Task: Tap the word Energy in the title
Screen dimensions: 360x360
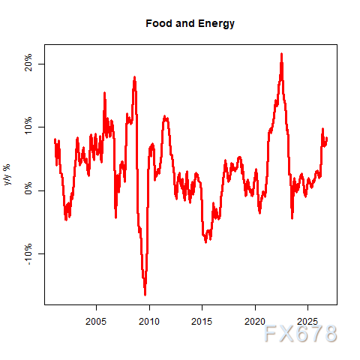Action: [216, 24]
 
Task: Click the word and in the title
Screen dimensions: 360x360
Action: [185, 23]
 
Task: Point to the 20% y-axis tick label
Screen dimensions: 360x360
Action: [28, 62]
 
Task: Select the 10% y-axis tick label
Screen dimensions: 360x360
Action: [28, 125]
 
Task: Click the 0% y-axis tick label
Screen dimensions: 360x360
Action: [28, 188]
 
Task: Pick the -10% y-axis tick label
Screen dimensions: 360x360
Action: [28, 254]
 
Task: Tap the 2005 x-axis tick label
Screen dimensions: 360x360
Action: [96, 322]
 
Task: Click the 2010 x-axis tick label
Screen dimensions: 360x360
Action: [149, 322]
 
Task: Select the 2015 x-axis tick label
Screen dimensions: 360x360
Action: [202, 322]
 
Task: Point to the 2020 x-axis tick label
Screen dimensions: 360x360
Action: [255, 322]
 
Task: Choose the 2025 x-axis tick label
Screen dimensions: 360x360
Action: [307, 322]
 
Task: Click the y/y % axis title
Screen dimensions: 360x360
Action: [7, 175]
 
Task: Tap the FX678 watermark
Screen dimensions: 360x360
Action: [301, 334]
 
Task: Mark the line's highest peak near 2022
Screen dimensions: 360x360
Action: [281, 54]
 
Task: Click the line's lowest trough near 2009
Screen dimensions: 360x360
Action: [145, 295]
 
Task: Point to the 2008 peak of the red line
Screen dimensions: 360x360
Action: [134, 77]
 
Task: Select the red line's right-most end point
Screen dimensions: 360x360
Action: [327, 138]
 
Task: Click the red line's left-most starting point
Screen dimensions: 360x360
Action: [55, 139]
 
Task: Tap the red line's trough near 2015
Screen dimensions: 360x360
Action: [205, 242]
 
